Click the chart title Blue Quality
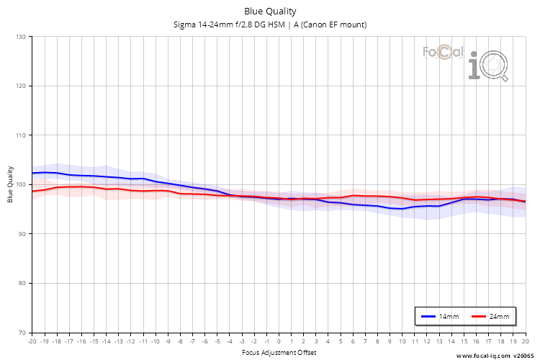click(270, 11)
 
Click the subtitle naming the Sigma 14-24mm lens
click(270, 24)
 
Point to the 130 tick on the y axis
click(20, 37)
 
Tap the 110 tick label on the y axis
click(20, 135)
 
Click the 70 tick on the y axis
click(22, 333)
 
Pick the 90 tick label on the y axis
click(22, 234)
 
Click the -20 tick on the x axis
click(32, 341)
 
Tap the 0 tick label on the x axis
click(279, 341)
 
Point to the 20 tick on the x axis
click(525, 341)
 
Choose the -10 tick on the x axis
click(155, 341)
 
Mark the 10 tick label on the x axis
click(402, 341)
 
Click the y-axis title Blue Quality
click(11, 184)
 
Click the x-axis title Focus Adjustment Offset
click(279, 352)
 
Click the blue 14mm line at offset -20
click(32, 173)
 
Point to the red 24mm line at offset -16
click(81, 186)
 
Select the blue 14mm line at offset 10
click(402, 209)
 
